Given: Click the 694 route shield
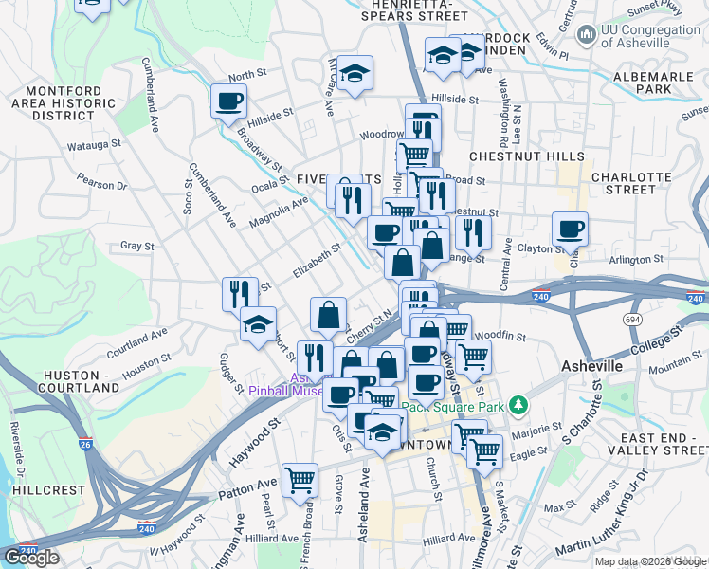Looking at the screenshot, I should click(x=631, y=321).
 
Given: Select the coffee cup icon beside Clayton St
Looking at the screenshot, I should click(x=570, y=229).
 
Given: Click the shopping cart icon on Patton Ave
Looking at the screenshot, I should click(x=300, y=480).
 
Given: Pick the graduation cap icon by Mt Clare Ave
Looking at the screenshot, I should click(x=355, y=73).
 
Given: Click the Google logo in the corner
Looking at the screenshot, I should click(x=31, y=558).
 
